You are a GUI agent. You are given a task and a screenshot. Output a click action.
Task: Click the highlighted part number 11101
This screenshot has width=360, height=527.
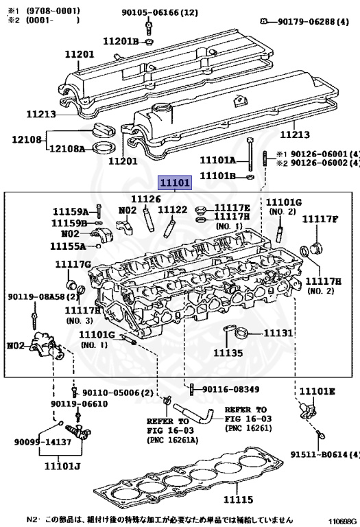(175, 183)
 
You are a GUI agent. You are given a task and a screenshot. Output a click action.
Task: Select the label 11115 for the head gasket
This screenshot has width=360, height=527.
(238, 500)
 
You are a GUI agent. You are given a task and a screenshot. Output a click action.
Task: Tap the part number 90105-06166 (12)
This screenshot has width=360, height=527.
(160, 13)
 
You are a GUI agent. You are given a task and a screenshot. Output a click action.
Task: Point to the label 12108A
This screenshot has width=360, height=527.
(67, 148)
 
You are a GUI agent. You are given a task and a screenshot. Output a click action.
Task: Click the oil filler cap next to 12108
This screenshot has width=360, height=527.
(104, 130)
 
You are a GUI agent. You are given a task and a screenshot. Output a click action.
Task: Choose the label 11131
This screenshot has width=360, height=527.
(278, 333)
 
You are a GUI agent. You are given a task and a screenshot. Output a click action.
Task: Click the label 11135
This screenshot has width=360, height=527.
(228, 353)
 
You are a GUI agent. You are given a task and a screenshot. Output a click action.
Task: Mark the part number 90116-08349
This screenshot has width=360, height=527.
(230, 389)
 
